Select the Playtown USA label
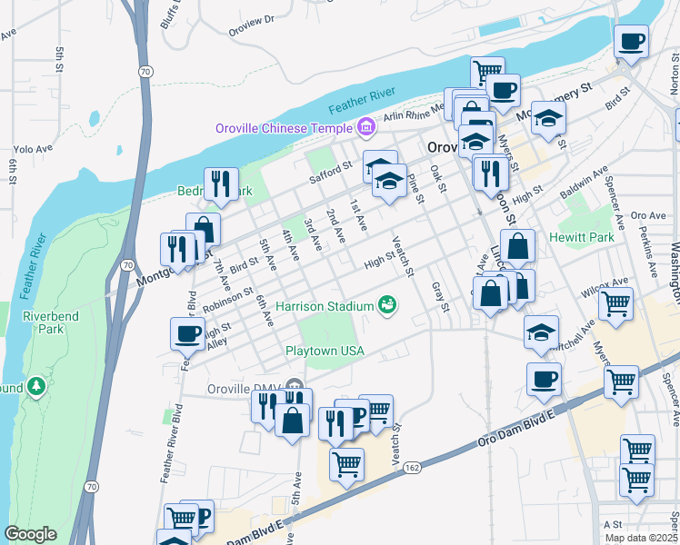tap(325, 351)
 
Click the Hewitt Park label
tap(582, 237)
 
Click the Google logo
tap(30, 534)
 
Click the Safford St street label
tap(330, 172)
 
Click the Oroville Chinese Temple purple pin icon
tap(366, 127)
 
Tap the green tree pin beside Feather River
tap(36, 387)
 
